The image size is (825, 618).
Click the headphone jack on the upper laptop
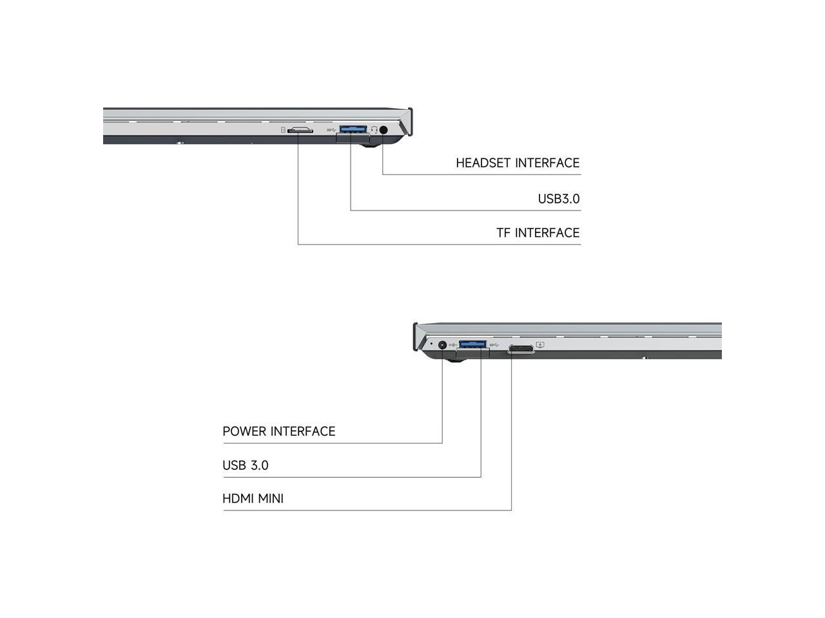pos(384,129)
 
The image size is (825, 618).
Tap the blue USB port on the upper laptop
pos(353,129)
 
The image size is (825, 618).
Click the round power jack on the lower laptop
pos(442,345)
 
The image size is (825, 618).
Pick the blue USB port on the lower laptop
pos(472,344)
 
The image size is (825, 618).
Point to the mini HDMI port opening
pos(521,349)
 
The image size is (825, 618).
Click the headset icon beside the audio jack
pos(374,129)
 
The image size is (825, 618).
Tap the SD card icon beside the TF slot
pos(283,129)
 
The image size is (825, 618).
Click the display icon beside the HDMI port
pos(540,345)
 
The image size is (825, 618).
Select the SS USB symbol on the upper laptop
pos(331,130)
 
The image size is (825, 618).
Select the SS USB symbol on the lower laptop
pos(494,345)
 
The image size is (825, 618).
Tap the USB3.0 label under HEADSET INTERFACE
pos(559,199)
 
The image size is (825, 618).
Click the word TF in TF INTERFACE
pos(503,233)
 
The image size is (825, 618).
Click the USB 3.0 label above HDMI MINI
pos(245,465)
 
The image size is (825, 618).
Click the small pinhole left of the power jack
pos(431,344)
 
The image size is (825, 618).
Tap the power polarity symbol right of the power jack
pos(453,344)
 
